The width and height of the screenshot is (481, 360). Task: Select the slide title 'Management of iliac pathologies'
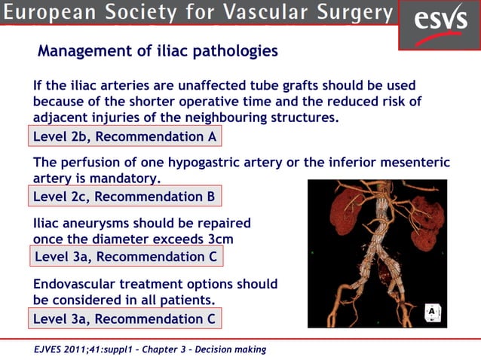pyautogui.click(x=158, y=52)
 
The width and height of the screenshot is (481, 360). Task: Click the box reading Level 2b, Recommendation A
pyautogui.click(x=125, y=136)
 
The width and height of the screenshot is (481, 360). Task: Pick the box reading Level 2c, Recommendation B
pyautogui.click(x=125, y=197)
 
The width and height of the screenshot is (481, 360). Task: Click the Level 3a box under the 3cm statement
pyautogui.click(x=126, y=257)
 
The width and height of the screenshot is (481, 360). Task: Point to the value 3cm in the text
pyautogui.click(x=219, y=239)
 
